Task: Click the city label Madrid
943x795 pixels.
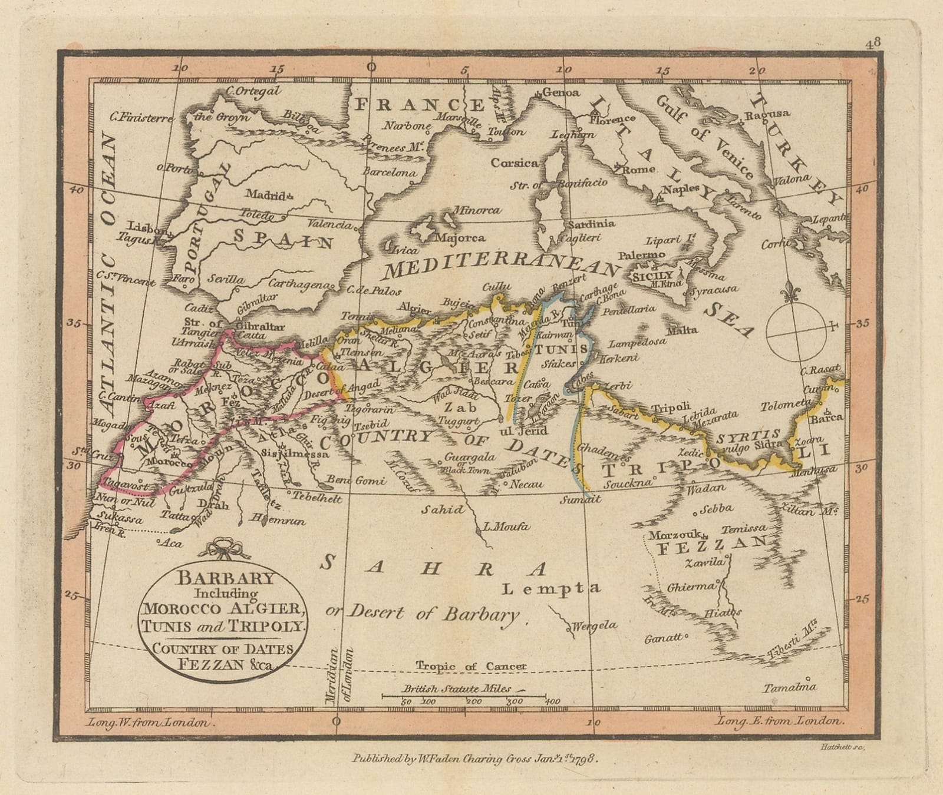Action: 265,194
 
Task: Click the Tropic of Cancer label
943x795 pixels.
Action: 470,666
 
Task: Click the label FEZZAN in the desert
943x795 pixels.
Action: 711,549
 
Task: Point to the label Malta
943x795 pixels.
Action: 682,330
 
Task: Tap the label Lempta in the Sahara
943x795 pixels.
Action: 552,587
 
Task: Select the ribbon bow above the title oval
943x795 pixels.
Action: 220,547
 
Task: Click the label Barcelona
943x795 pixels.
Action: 389,173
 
